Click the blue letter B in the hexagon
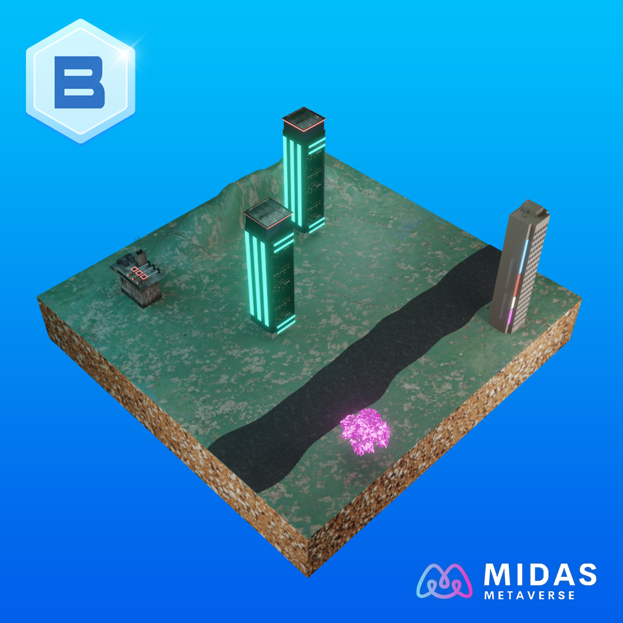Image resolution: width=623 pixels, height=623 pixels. [80, 82]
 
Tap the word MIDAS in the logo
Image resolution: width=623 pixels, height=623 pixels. [540, 575]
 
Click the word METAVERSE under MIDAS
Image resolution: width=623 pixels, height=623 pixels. [530, 595]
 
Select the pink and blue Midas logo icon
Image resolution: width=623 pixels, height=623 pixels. [444, 581]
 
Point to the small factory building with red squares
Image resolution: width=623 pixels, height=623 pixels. [137, 277]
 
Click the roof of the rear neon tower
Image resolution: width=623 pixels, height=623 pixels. [304, 119]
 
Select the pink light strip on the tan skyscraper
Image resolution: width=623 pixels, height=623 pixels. [511, 316]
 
